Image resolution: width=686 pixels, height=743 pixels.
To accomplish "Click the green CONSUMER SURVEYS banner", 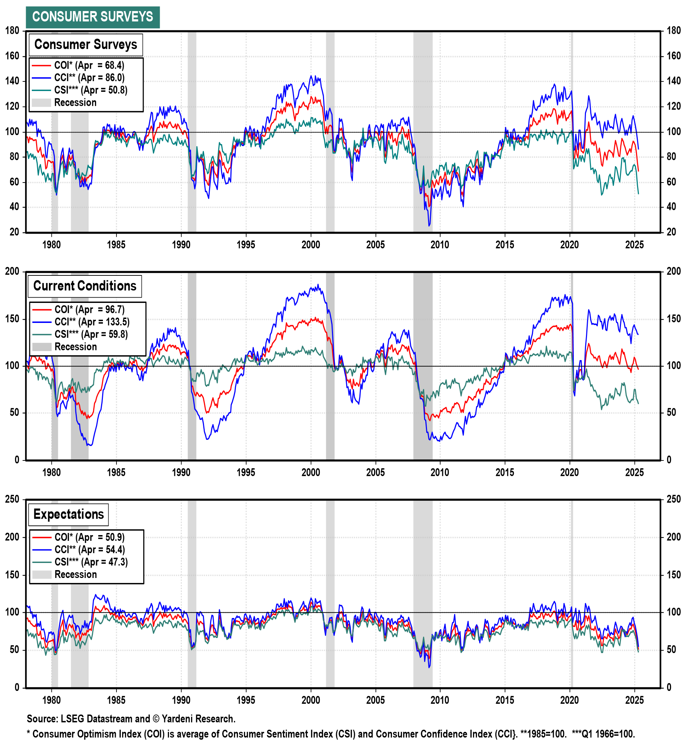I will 93,17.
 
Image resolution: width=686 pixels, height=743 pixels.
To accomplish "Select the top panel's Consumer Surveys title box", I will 85,45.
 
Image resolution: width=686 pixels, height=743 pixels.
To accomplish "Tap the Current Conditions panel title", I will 85,286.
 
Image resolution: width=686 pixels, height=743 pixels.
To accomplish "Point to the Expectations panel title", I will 69,514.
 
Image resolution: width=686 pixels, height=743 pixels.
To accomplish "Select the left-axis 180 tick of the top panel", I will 12,31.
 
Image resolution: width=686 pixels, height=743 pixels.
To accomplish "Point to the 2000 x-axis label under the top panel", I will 310,245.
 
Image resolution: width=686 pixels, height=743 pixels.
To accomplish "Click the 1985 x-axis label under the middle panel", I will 116,473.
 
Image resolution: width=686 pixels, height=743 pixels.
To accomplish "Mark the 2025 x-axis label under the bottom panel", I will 634,700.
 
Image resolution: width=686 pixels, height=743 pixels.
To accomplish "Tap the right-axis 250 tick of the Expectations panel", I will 673,499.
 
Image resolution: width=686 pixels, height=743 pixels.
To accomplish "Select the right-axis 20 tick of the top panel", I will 671,232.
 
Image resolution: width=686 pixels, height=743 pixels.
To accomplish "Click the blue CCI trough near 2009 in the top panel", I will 429,226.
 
